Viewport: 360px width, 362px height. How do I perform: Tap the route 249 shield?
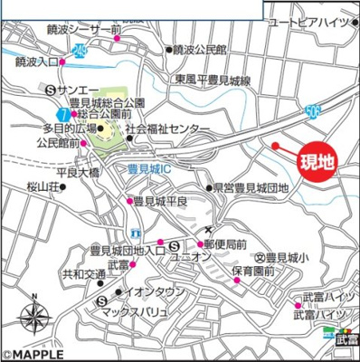(x=81, y=50)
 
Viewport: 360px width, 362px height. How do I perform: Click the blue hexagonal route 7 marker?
(x=62, y=114)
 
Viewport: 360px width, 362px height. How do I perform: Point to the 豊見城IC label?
(x=147, y=168)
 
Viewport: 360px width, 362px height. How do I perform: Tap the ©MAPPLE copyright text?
(x=33, y=355)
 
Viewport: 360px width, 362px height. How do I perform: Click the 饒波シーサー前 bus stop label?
(x=79, y=31)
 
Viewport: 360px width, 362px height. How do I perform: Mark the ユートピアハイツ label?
(x=314, y=23)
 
